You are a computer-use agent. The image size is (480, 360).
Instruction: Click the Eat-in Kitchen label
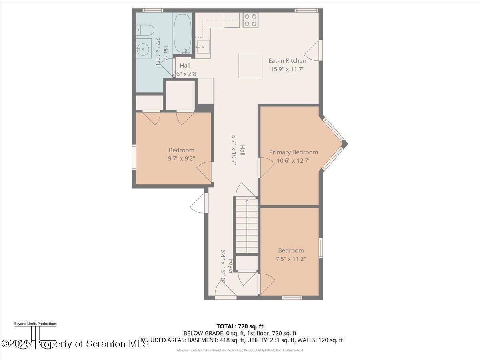[287, 61]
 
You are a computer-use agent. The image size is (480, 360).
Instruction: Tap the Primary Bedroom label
[293, 152]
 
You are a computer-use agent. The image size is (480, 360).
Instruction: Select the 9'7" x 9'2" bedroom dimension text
[181, 158]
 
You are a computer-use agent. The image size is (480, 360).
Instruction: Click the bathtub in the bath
[182, 33]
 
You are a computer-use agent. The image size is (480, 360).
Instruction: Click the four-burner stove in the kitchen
[250, 20]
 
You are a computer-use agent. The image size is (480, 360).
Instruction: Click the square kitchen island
[250, 66]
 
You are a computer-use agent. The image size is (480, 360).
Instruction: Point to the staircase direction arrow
[247, 224]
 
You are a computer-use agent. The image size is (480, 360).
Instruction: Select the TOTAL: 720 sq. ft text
[240, 326]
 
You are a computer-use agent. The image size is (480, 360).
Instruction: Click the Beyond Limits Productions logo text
[35, 324]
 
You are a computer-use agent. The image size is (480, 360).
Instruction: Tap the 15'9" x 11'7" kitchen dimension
[287, 68]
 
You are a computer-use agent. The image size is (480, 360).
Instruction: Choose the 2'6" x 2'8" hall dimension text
[185, 74]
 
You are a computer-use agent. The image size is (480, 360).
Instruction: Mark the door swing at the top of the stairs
[246, 190]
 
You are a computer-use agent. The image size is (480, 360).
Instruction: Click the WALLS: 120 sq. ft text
[324, 340]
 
